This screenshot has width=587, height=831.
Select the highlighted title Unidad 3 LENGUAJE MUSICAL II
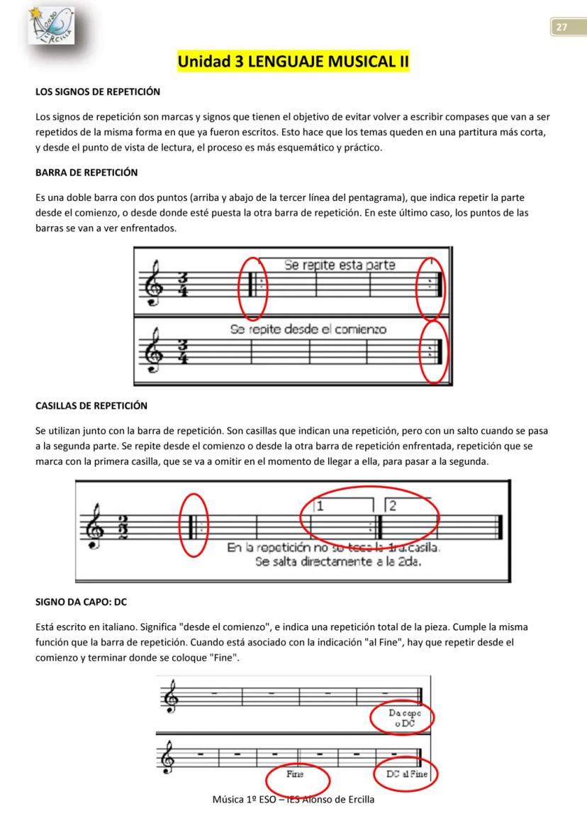pos(293,62)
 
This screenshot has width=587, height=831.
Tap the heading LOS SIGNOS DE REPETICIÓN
pos(98,92)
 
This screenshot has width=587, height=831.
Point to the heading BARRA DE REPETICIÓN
pos(86,172)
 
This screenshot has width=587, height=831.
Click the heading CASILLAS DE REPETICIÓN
pos(91,406)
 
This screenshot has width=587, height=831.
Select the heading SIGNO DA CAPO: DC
pos(81,602)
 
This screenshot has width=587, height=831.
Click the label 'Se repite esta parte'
pos(340,265)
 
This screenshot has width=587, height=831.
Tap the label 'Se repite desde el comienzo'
pos(308,329)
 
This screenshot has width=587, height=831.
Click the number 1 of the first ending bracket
pos(320,506)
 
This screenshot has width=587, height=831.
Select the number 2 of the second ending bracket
pos(393,506)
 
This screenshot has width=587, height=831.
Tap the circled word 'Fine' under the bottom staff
pos(295,774)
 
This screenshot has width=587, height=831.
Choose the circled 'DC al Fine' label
pos(407,774)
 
